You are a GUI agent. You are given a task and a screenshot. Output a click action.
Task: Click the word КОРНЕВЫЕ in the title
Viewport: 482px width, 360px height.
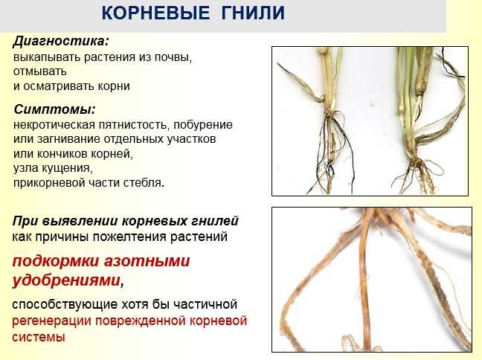pos(155,13)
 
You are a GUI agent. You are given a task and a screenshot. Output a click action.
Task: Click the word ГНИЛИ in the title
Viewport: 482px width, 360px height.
pos(253,13)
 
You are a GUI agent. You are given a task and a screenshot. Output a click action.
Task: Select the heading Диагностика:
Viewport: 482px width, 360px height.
pos(61,41)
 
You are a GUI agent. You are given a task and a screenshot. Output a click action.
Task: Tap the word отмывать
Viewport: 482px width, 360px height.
pos(40,71)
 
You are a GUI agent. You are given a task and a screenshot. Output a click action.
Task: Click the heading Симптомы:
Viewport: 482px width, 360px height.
pos(55,109)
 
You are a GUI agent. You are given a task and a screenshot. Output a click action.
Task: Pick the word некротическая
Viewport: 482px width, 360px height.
pos(54,125)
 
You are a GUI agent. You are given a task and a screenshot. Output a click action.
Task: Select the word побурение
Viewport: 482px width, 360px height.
pos(203,124)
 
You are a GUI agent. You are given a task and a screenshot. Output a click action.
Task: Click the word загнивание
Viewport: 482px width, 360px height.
pos(69,139)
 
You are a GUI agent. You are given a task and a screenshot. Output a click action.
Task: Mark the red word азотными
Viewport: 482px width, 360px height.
pos(147,261)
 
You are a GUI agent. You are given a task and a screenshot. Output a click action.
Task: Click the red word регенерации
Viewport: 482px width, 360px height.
pos(51,321)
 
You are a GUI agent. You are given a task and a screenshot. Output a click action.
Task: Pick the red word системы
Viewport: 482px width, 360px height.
pos(39,337)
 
